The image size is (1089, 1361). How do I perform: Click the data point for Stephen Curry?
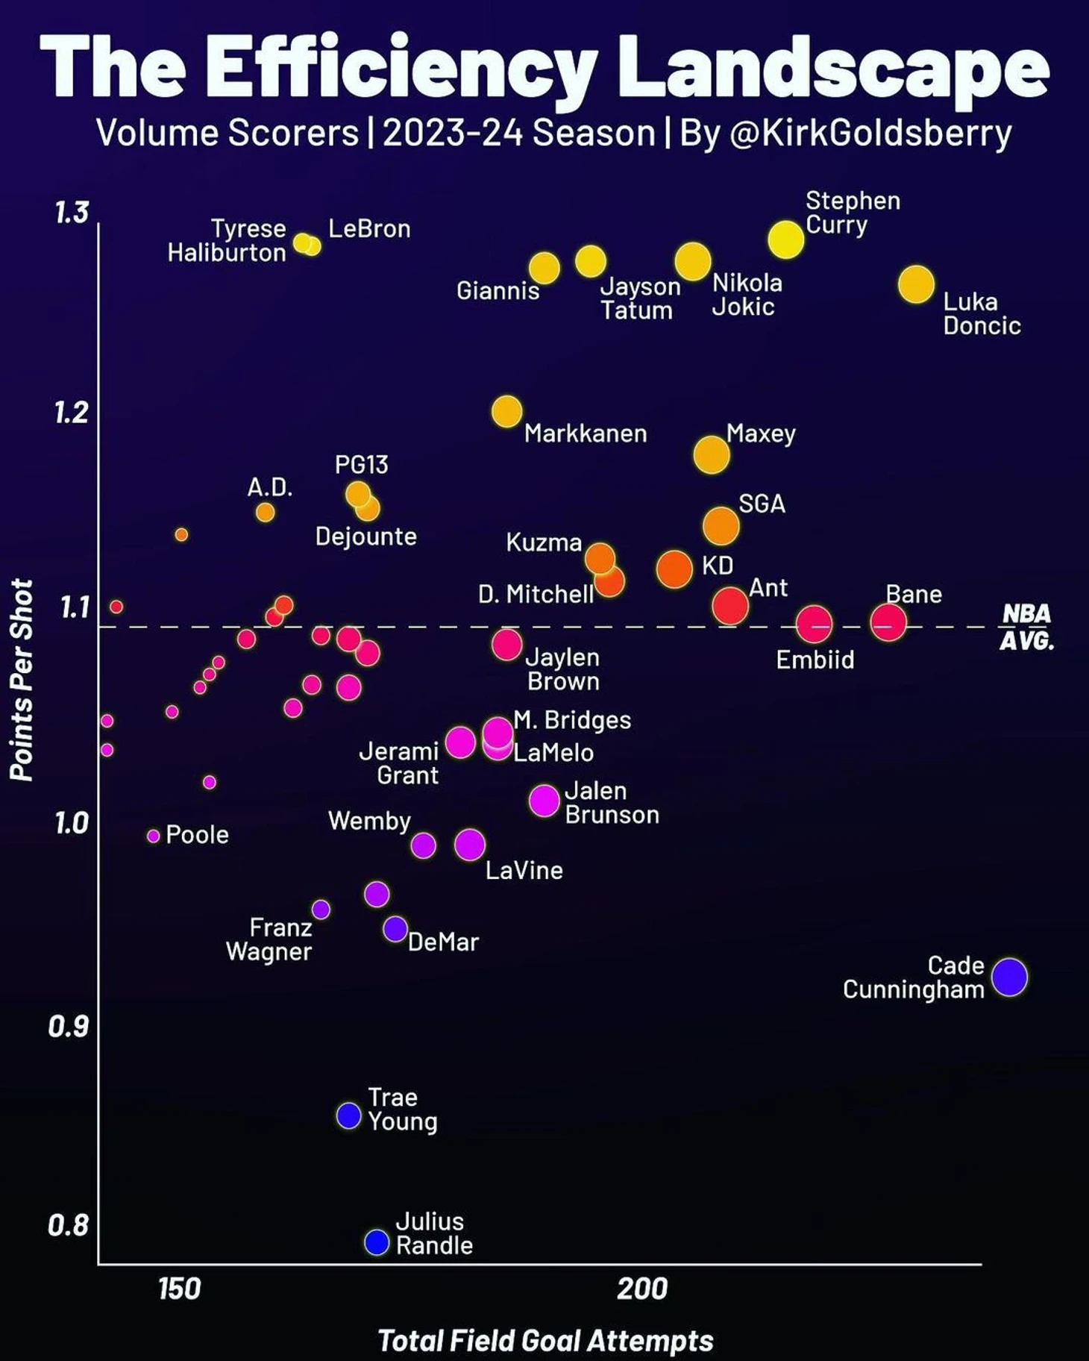[x=785, y=240]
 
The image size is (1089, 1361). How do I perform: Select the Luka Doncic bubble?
[x=916, y=284]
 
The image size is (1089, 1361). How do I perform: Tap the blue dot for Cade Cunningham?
[x=1009, y=977]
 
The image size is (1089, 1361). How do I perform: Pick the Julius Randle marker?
[x=377, y=1242]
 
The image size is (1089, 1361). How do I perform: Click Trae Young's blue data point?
[x=348, y=1116]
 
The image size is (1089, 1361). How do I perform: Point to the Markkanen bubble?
[x=506, y=411]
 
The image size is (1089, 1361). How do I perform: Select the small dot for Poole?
[x=153, y=836]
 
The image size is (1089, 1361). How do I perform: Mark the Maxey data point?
[x=711, y=454]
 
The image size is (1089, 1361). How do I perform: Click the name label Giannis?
[x=498, y=290]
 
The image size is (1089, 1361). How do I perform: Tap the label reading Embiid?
[x=815, y=660]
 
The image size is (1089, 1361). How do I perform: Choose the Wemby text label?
[x=369, y=821]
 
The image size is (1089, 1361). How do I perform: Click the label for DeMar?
[x=443, y=942]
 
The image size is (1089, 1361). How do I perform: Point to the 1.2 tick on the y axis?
[x=72, y=413]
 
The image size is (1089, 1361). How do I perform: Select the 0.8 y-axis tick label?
[x=68, y=1225]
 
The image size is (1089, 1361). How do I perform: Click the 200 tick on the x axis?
[x=641, y=1289]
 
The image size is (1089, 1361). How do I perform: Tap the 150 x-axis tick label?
[x=179, y=1289]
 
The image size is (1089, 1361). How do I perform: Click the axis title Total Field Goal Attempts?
[x=545, y=1340]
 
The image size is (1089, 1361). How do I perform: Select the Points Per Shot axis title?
[x=22, y=680]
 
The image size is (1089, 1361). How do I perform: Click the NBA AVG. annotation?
[x=1026, y=627]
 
